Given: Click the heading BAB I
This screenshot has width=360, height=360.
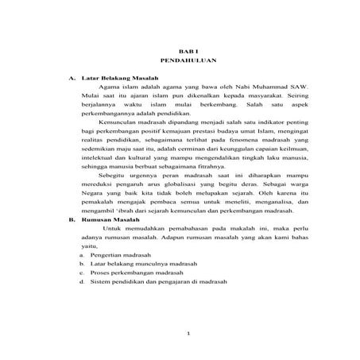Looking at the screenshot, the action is pos(184,49).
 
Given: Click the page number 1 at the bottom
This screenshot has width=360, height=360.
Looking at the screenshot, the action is pos(187,332).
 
